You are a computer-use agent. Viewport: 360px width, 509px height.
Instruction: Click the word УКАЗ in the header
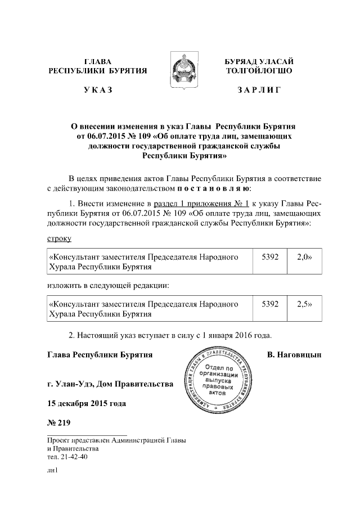pos(98,90)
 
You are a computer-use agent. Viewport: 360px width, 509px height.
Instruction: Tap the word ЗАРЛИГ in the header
pos(259,90)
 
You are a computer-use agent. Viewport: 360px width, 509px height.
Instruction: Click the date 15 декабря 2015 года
pos(86,403)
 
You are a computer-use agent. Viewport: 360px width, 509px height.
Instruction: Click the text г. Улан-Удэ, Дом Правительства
pos(110,385)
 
